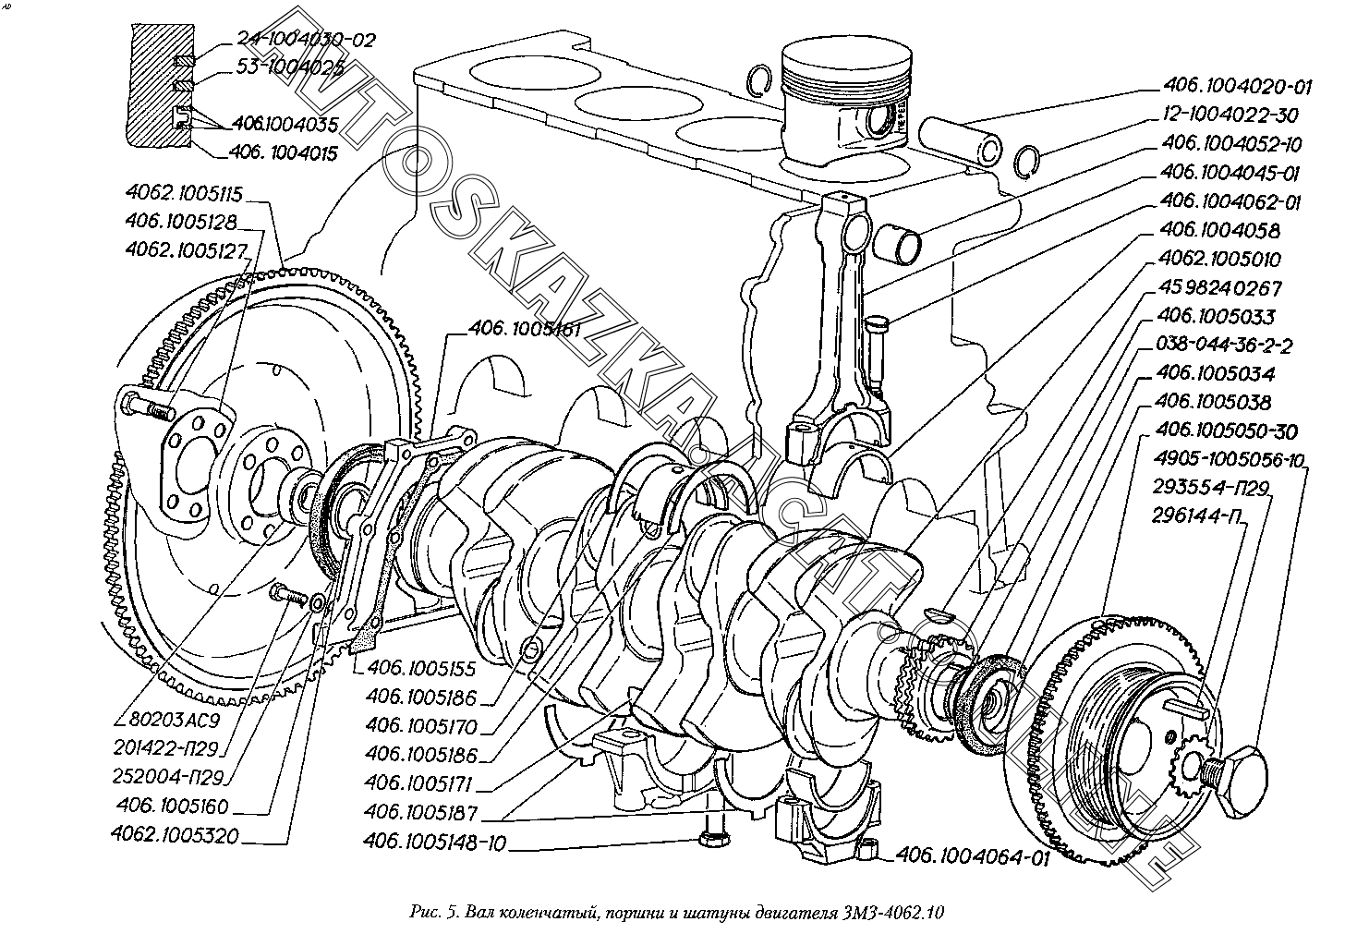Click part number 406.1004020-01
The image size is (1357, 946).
coord(1236,87)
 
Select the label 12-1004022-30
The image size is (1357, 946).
coord(1230,115)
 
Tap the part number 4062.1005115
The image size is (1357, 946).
coord(184,194)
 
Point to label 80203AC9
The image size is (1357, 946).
coord(175,720)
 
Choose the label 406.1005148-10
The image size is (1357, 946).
coord(434,843)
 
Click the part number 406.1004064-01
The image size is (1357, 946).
coord(972,856)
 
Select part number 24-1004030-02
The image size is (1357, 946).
coord(306,40)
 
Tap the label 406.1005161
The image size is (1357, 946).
coord(525,330)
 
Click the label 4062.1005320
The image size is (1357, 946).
coord(176,835)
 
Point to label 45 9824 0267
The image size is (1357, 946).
coord(1219,288)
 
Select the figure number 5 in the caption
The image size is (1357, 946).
coord(451,912)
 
